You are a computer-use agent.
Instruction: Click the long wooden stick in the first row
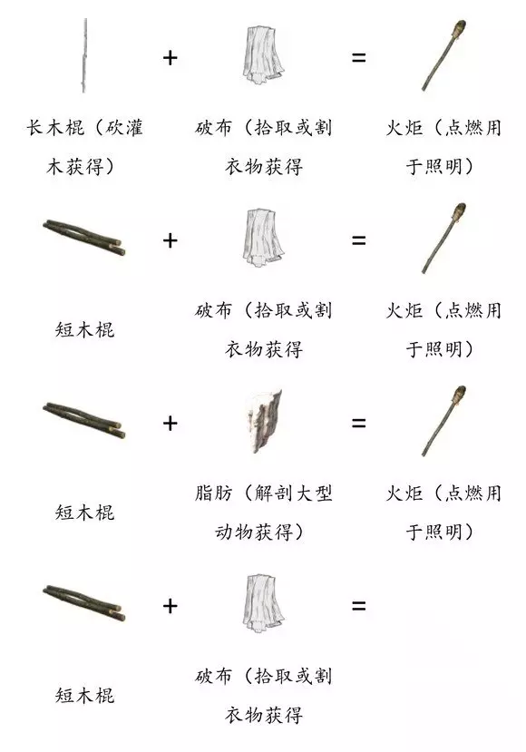85,55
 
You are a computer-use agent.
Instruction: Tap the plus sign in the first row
170,57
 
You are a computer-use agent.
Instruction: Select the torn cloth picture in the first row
262,54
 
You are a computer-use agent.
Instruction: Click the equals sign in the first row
358,57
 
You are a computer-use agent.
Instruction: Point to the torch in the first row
443,55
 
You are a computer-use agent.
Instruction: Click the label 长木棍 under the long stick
55,128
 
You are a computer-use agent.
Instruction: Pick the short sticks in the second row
84,238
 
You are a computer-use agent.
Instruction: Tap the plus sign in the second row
170,240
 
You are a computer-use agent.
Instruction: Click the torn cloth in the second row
262,238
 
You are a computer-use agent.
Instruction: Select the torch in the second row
443,238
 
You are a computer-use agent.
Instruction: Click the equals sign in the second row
358,240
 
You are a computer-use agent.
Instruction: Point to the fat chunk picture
263,421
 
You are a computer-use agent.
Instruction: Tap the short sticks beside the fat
84,420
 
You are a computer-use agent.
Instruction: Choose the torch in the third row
443,421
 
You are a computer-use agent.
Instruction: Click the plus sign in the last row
170,606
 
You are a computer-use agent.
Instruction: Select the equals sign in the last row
358,606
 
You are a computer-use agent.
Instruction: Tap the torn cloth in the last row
262,603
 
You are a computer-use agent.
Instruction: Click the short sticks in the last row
84,603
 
